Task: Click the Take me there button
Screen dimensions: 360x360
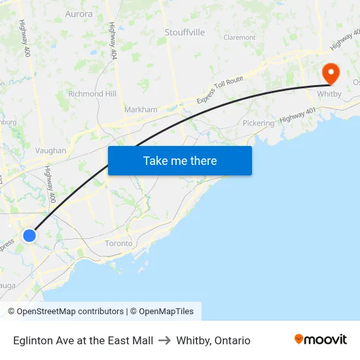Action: [x=180, y=160]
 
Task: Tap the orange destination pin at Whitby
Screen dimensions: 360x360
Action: [x=331, y=74]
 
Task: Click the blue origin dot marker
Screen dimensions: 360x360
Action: [x=29, y=235]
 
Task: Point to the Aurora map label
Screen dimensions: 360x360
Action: [x=79, y=14]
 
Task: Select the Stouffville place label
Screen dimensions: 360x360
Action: [x=185, y=32]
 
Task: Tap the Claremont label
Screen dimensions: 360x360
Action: [x=240, y=38]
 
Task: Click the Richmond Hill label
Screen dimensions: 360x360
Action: [x=92, y=94]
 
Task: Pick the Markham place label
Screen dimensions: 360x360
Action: [x=141, y=109]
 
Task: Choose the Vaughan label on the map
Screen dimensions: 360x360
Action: [x=50, y=151]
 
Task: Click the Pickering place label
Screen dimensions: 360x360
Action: [x=259, y=123]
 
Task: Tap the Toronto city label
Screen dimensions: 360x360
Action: [x=118, y=243]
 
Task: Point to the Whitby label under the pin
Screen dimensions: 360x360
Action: [x=329, y=94]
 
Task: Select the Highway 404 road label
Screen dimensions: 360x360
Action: [x=113, y=41]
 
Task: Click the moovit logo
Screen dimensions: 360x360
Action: [x=321, y=340]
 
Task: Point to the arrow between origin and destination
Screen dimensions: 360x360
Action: [x=164, y=340]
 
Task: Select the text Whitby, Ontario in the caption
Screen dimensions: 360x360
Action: [x=213, y=340]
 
